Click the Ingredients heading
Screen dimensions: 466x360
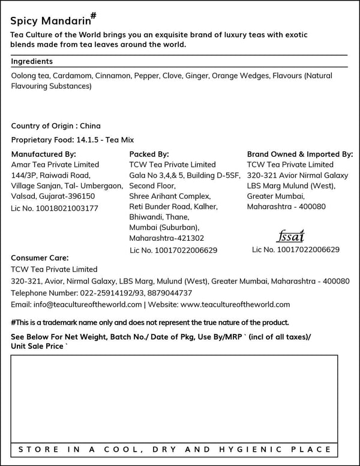pyautogui.click(x=32, y=61)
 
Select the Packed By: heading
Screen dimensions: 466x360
pyautogui.click(x=149, y=154)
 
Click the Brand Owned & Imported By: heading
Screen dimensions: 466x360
pyautogui.click(x=300, y=154)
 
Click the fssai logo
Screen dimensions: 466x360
pyautogui.click(x=292, y=235)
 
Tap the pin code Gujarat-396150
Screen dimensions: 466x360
pyautogui.click(x=68, y=196)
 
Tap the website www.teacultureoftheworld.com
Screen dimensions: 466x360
pyautogui.click(x=235, y=304)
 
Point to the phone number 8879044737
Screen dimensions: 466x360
pyautogui.click(x=171, y=293)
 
